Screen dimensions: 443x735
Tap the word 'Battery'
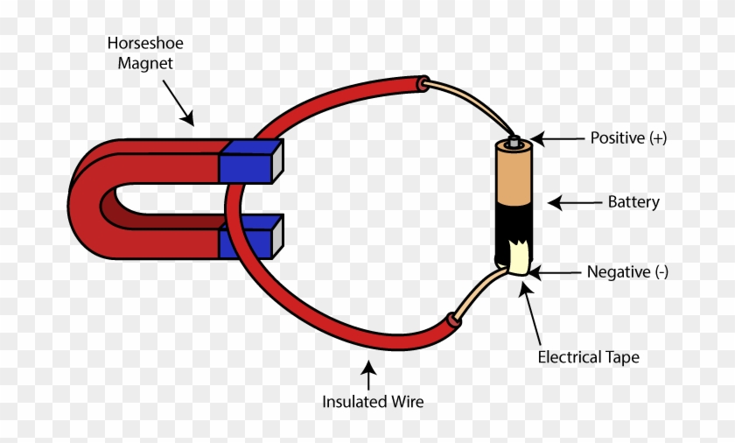633,202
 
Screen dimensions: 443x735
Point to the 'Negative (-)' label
627,272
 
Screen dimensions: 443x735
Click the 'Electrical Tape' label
588,357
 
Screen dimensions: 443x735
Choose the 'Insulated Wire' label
373,403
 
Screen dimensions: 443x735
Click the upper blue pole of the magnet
250,161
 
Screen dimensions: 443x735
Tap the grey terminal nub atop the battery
514,140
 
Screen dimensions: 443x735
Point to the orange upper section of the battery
516,175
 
